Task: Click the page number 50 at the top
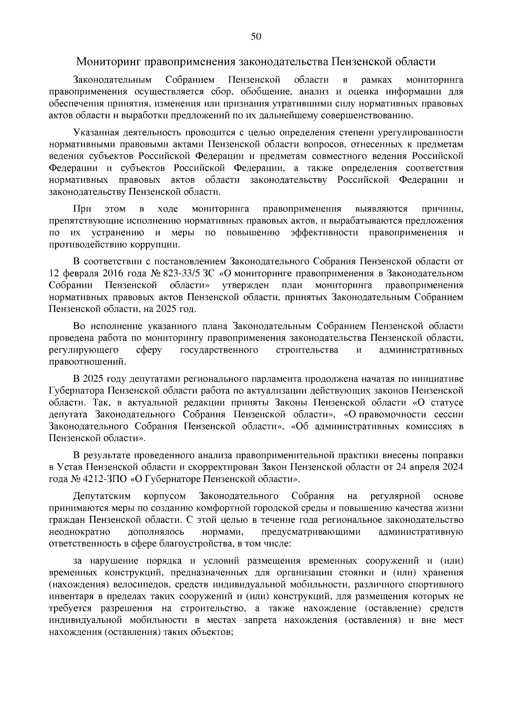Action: [256, 37]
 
